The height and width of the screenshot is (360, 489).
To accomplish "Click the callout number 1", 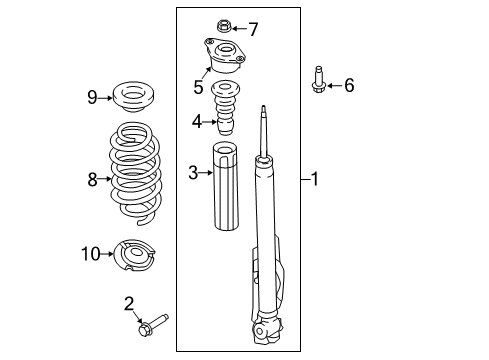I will coord(314,180).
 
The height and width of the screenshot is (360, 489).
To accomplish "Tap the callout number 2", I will coord(129,303).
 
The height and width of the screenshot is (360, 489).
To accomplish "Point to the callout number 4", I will coord(197,122).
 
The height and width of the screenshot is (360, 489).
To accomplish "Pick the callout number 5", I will coord(198,88).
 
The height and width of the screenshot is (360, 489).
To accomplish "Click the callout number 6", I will coord(349,86).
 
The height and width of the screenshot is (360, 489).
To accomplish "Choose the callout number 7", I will coord(253,29).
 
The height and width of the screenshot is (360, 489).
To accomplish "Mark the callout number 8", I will coord(93,180).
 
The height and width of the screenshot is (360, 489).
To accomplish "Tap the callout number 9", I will coord(92,97).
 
